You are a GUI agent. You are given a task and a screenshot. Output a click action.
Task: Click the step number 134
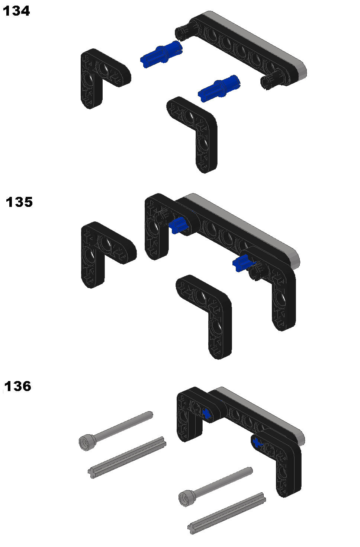tap(16, 11)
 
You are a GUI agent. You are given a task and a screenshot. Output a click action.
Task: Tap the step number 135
tap(19, 202)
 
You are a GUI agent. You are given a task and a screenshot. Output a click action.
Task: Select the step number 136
tap(18, 386)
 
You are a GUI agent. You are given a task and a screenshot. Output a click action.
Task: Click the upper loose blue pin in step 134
tap(161, 54)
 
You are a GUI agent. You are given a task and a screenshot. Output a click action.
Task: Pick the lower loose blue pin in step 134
tap(219, 89)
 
